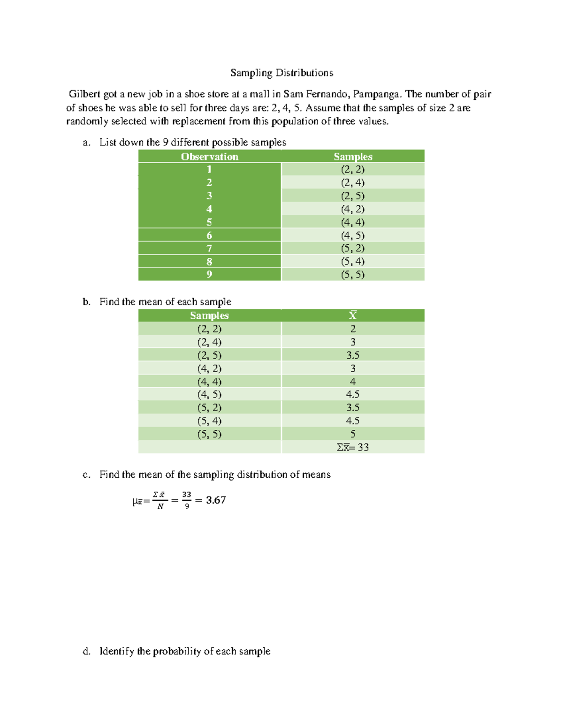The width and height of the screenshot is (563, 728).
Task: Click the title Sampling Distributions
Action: [281, 73]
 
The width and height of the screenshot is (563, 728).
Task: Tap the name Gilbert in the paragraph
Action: [84, 94]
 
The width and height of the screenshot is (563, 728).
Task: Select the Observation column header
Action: [209, 157]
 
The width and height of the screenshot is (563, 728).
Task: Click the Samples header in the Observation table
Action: [353, 157]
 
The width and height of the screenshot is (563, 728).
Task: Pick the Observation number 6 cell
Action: [209, 235]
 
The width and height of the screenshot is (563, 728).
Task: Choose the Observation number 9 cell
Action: [209, 275]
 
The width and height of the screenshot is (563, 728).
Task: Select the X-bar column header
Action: [353, 315]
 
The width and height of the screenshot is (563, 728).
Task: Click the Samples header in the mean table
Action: [209, 315]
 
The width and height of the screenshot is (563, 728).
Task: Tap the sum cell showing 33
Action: [353, 447]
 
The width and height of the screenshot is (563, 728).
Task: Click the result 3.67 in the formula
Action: [216, 500]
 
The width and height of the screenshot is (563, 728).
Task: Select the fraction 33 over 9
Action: [187, 500]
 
